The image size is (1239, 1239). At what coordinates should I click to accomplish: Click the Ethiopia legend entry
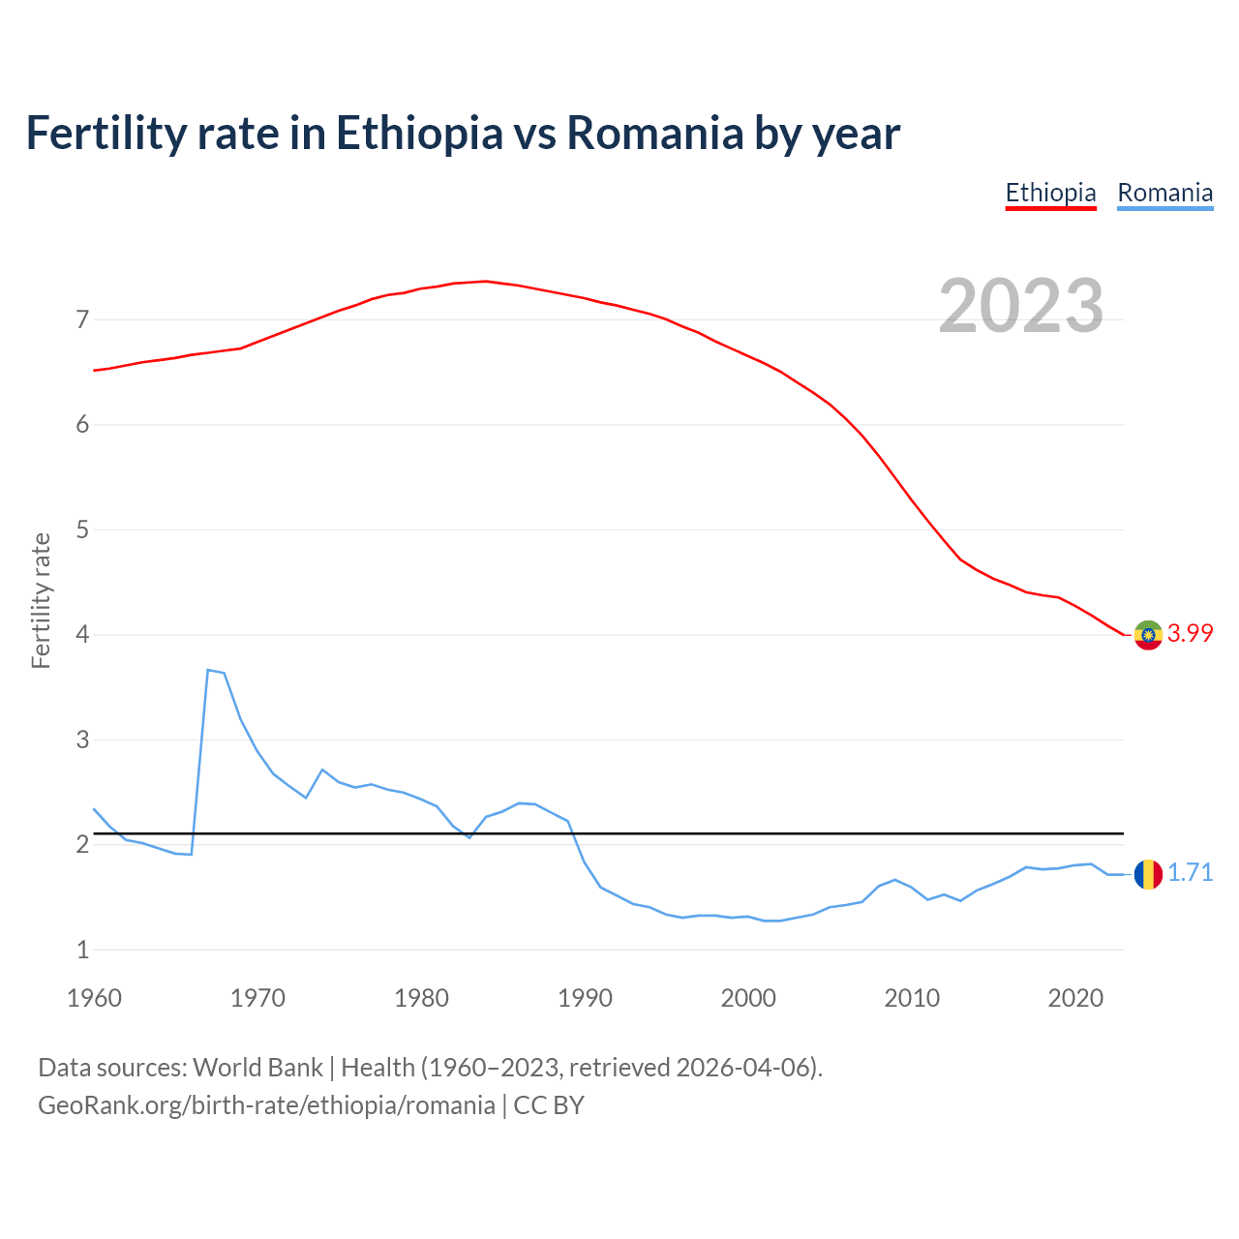click(x=1050, y=194)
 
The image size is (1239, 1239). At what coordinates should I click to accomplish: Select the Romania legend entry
click(x=1164, y=194)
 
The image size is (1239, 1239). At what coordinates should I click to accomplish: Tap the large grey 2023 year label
click(x=1021, y=306)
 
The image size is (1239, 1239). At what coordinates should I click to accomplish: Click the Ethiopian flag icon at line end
click(x=1148, y=635)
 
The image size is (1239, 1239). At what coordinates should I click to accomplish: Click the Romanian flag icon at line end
click(x=1148, y=874)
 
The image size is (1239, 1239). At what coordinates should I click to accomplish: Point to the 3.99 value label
click(x=1190, y=633)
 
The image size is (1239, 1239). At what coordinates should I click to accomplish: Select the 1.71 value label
click(x=1190, y=873)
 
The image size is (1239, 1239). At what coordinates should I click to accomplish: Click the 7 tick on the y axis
click(x=82, y=319)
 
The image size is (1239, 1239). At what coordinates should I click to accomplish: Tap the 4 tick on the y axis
click(x=82, y=635)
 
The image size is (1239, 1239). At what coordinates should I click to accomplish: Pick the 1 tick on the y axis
click(x=82, y=951)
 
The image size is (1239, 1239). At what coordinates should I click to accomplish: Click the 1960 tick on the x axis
click(x=94, y=998)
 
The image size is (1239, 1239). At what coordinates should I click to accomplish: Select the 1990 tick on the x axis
click(x=585, y=998)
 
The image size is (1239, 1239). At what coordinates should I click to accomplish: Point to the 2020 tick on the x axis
click(x=1075, y=998)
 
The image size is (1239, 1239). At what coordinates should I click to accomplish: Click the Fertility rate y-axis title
click(x=41, y=600)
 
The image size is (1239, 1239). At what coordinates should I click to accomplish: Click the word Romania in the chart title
click(x=654, y=134)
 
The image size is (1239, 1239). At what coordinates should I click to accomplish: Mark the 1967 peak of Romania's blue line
click(x=208, y=670)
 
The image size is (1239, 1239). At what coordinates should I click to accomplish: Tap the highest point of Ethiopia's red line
click(x=486, y=282)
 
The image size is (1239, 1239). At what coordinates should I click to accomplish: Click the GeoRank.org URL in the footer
click(x=266, y=1105)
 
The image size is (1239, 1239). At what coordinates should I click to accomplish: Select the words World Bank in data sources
click(x=257, y=1068)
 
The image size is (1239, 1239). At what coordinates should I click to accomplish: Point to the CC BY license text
click(x=549, y=1105)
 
